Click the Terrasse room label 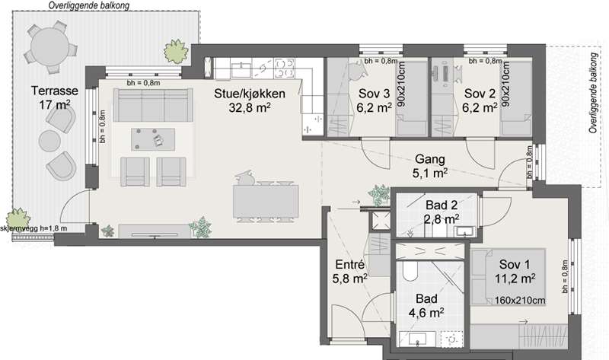tap(55, 91)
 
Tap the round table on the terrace tap(49, 46)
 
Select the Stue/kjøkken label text tap(250, 93)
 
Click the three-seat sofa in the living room tap(153, 105)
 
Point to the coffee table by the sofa tap(153, 139)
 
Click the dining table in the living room tap(266, 201)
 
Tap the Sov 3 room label tap(374, 93)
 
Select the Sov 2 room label tap(480, 93)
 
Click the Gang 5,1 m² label tap(430, 166)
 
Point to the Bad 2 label tap(442, 205)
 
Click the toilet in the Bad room tap(410, 271)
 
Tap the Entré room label tap(349, 264)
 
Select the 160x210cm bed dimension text tap(520, 300)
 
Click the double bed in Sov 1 tap(509, 277)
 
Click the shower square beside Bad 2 tap(380, 220)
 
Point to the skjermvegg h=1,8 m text tap(33, 228)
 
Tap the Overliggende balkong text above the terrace tap(89, 5)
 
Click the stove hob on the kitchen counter tap(284, 68)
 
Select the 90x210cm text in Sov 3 tap(401, 84)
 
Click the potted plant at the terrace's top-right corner tap(176, 51)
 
